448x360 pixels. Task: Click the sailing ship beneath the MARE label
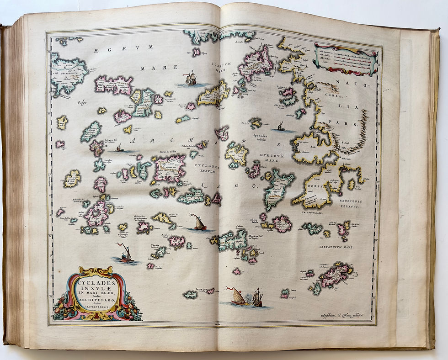pos(191,79)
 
